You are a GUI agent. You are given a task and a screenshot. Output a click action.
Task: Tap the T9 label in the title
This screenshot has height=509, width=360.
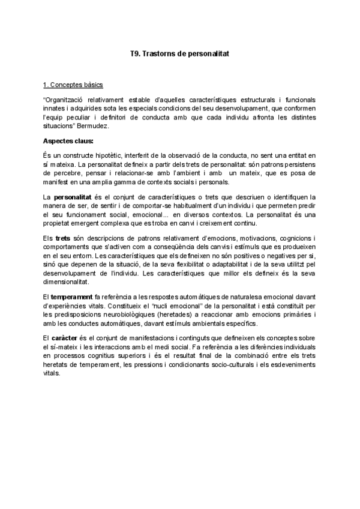pyautogui.click(x=136, y=53)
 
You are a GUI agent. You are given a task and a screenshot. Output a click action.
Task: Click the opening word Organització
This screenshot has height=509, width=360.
pyautogui.click(x=64, y=98)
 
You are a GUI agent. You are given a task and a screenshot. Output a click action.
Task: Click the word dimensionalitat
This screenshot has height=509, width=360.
pyautogui.click(x=66, y=282)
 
